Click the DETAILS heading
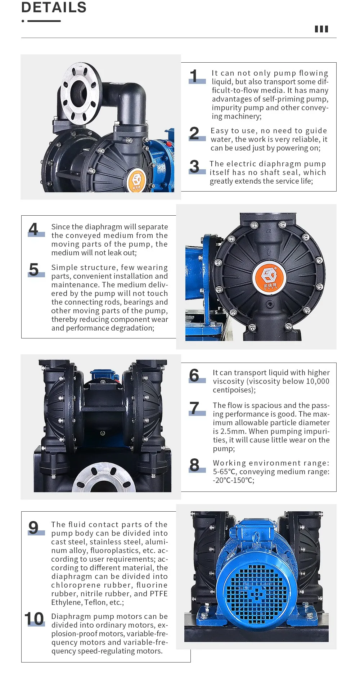click(x=54, y=7)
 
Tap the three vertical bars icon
click(x=321, y=29)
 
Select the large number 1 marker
click(x=194, y=76)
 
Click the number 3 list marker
click(x=195, y=167)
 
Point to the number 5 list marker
click(x=34, y=270)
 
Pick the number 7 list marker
click(x=195, y=408)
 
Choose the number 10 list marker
click(x=34, y=619)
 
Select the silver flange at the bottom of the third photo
click(x=104, y=479)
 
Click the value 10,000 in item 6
click(x=318, y=381)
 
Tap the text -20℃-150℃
click(x=234, y=480)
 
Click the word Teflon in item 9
click(x=95, y=602)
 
